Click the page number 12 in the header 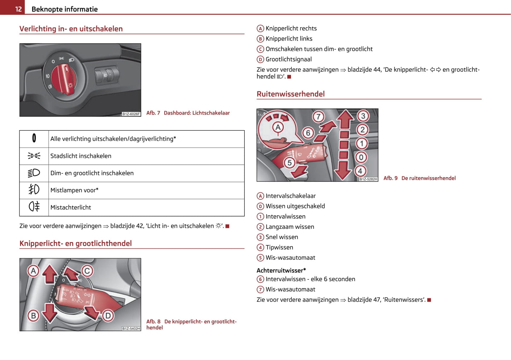point(18,9)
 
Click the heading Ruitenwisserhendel point(290,94)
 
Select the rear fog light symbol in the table point(34,206)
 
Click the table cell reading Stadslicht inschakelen point(81,156)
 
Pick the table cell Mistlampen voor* point(74,190)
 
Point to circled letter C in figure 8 point(87,271)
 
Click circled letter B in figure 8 point(33,315)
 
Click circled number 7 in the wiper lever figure point(318,117)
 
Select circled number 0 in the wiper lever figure point(361,157)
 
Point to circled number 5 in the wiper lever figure point(290,163)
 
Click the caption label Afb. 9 point(390,178)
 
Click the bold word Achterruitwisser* point(281,270)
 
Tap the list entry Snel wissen point(281,237)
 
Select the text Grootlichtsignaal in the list point(289,59)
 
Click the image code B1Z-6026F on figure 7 point(131,114)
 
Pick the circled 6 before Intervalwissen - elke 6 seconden point(260,279)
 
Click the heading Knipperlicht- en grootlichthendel point(75,243)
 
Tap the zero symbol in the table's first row point(34,138)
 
